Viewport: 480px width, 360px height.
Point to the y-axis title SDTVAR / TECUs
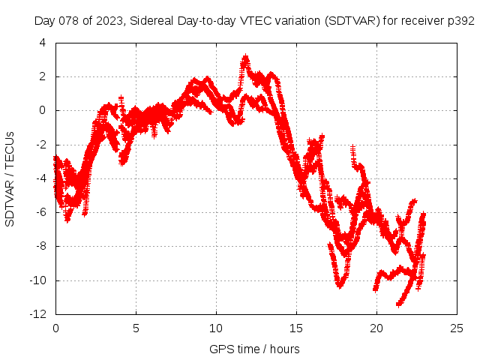pos(10,178)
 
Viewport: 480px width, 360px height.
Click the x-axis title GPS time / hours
pos(255,349)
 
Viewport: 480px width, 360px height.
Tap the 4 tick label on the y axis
pos(44,43)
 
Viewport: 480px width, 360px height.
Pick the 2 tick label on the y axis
pos(44,76)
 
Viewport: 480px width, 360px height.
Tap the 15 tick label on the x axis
pos(296,328)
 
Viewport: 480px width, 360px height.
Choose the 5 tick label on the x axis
pos(136,328)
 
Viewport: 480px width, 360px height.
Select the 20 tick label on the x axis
pos(376,328)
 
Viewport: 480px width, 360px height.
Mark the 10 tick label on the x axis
pos(216,328)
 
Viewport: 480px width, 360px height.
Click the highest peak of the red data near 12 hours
pos(245,57)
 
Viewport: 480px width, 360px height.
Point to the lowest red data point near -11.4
pos(399,304)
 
